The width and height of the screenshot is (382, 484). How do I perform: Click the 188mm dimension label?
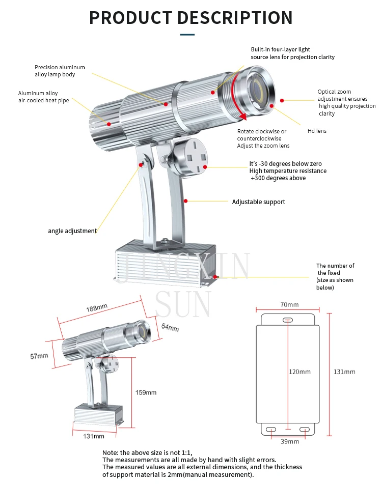click(97, 307)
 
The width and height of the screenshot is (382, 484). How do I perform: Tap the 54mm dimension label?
click(170, 327)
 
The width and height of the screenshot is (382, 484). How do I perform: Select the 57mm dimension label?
click(39, 356)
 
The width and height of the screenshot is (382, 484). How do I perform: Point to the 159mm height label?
click(146, 392)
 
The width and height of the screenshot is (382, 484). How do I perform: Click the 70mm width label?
click(289, 305)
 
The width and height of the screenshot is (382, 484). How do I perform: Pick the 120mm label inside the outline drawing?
click(299, 372)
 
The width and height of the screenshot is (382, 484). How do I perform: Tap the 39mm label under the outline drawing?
click(290, 441)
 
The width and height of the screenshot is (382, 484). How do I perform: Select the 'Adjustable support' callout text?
click(258, 202)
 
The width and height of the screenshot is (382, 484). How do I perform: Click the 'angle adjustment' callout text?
click(72, 231)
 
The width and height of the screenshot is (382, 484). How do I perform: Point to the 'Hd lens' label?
click(317, 131)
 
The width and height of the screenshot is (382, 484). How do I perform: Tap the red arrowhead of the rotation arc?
click(243, 116)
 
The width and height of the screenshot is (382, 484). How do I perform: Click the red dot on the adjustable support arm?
click(185, 201)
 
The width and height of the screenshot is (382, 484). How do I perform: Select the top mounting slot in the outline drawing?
click(287, 320)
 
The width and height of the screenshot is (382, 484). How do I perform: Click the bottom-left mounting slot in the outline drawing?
click(271, 430)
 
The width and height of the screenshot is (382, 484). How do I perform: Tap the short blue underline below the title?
click(187, 35)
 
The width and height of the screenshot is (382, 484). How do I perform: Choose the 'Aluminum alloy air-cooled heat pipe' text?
click(43, 97)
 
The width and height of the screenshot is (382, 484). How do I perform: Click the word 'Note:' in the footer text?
click(110, 452)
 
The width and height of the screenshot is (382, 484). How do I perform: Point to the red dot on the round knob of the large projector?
click(205, 167)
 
